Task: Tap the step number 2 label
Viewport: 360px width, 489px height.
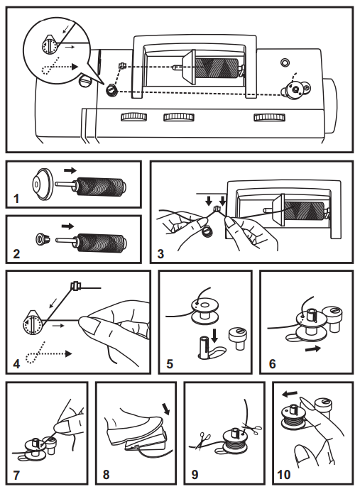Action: coord(15,253)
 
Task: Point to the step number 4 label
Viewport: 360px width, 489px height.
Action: coord(16,367)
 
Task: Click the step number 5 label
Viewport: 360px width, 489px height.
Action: coord(168,367)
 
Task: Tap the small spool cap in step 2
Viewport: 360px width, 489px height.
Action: coord(44,239)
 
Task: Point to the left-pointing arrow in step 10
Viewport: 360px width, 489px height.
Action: coord(290,393)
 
